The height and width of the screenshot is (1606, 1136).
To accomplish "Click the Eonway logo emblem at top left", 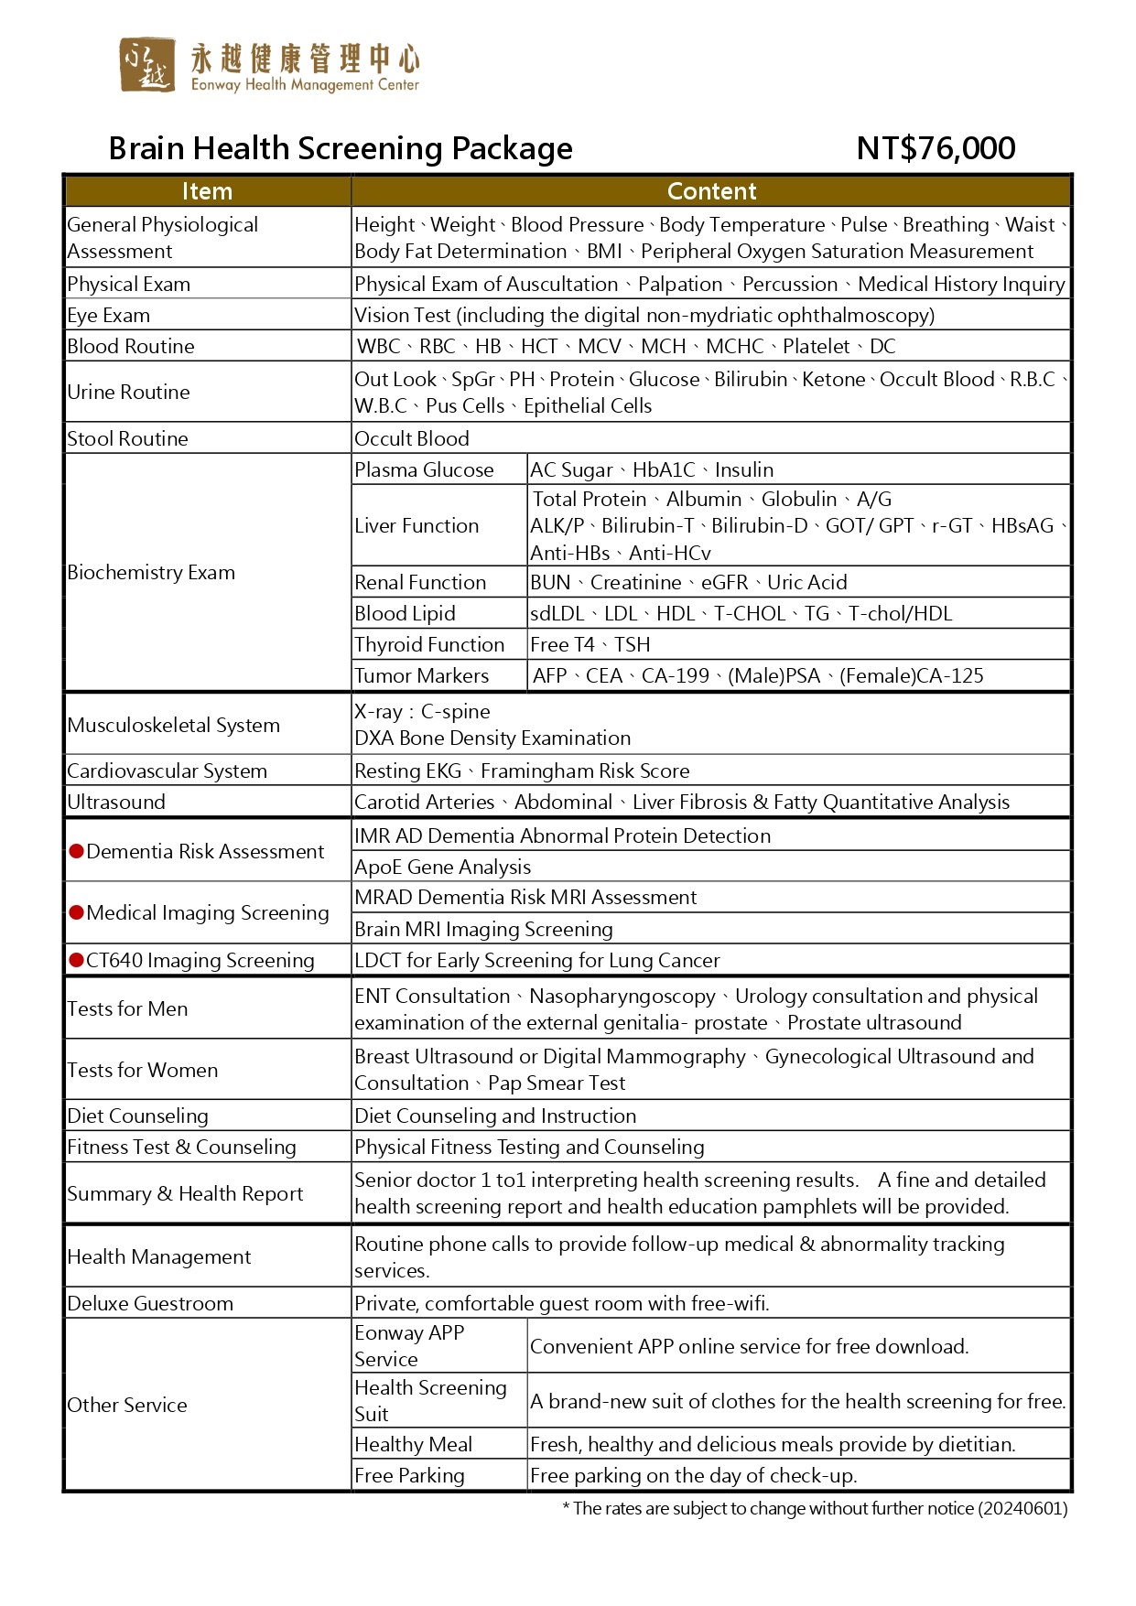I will [x=146, y=65].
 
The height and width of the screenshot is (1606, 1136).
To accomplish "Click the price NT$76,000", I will [x=935, y=148].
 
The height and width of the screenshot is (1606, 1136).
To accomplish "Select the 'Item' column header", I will [x=207, y=191].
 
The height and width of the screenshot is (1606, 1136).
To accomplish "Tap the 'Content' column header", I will [x=711, y=191].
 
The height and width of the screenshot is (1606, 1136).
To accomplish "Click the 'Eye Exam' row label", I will [x=109, y=316].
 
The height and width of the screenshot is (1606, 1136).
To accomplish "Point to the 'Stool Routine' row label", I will [x=127, y=439].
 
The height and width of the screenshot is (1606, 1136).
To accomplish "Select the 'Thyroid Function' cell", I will [x=429, y=645].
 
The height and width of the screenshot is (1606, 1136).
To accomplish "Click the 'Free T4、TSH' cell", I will [x=590, y=645].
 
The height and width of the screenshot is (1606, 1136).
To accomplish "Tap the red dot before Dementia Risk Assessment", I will [x=77, y=852].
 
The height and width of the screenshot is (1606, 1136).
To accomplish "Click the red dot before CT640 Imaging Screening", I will [x=77, y=960].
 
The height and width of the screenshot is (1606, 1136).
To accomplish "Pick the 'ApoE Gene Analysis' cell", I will [x=442, y=868].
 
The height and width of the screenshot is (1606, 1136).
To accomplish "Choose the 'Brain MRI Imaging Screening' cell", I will [x=483, y=930].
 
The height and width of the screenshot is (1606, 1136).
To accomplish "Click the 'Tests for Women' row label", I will [x=143, y=1071].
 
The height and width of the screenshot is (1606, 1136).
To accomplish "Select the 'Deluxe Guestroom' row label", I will [x=150, y=1304].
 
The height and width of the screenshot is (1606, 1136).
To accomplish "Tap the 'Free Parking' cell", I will [x=409, y=1476].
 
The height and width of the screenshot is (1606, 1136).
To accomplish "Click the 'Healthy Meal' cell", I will [x=413, y=1445].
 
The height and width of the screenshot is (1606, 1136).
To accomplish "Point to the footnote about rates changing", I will [x=815, y=1509].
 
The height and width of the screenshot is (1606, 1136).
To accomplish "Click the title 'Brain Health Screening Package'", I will [x=341, y=148].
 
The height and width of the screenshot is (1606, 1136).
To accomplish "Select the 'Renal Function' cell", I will [x=420, y=583].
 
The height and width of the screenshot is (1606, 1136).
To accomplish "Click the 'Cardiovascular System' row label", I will [x=168, y=771].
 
